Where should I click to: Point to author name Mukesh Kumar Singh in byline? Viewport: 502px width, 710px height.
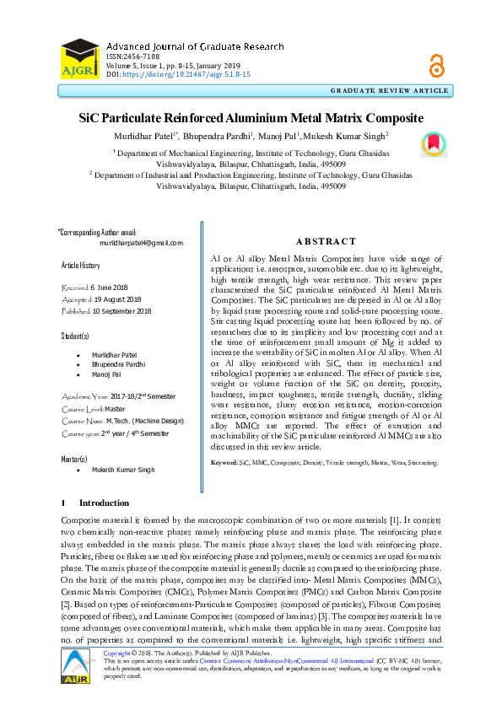[x=352, y=134]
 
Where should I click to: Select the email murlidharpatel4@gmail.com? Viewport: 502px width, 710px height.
[x=141, y=243]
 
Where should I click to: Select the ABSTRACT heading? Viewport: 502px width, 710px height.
[x=327, y=241]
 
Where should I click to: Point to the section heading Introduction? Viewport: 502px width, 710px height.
[x=110, y=503]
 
